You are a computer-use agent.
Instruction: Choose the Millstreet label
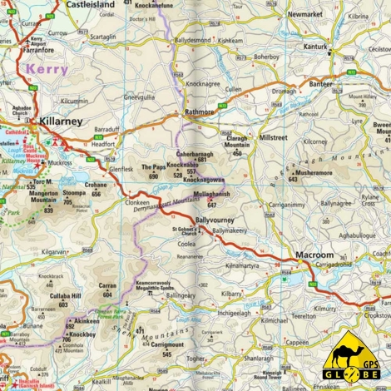[272, 136]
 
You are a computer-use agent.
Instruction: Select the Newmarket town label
[304, 15]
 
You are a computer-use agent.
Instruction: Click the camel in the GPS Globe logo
[350, 350]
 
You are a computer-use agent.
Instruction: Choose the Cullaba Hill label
[64, 296]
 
